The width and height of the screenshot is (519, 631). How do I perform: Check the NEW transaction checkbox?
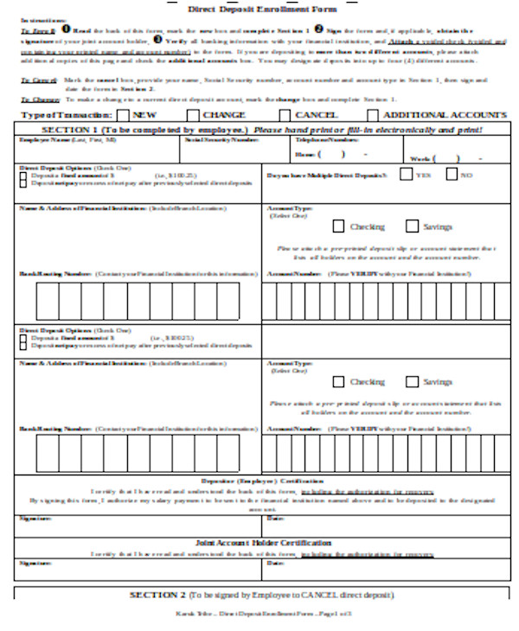(x=123, y=115)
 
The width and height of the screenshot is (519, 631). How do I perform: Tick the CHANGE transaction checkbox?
(x=191, y=115)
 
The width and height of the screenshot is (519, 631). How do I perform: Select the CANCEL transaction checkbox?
(x=285, y=115)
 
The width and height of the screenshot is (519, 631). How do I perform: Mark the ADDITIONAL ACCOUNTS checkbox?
(x=372, y=115)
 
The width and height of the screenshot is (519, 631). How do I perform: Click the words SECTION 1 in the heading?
(x=71, y=129)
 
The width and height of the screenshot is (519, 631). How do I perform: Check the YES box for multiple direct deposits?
(x=406, y=174)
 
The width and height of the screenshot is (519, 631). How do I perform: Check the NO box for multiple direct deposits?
(x=452, y=174)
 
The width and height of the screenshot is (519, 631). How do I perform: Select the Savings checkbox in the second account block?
(x=412, y=381)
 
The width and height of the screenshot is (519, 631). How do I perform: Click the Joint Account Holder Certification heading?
(x=262, y=543)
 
